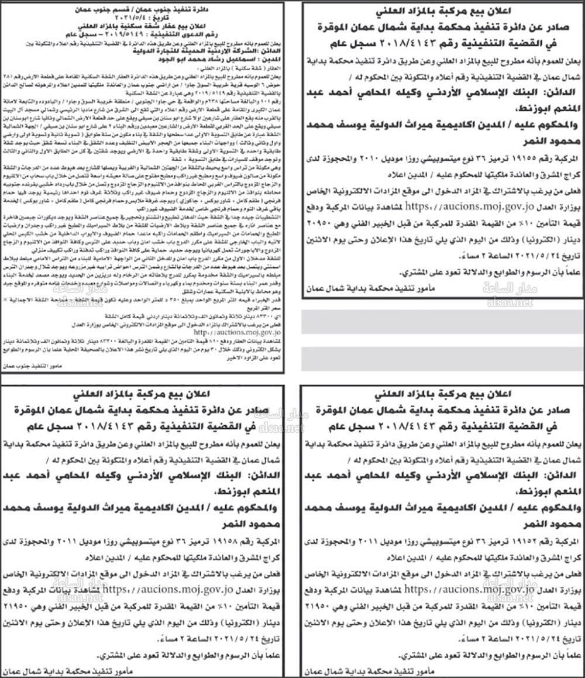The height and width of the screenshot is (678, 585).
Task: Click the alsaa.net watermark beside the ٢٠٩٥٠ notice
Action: tap(507, 303)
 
